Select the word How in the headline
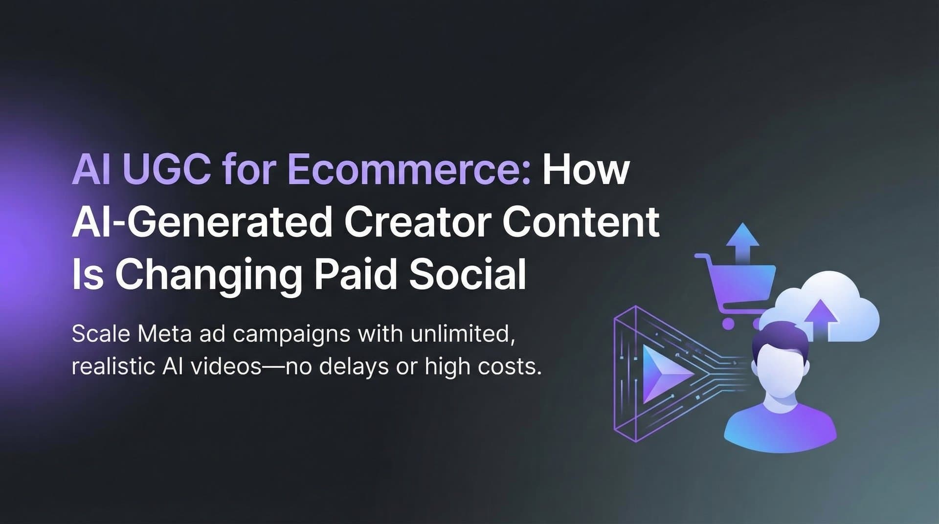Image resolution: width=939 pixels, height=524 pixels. click(585, 170)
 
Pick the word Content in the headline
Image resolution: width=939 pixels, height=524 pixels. click(581, 223)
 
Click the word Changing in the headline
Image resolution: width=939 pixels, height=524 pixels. click(208, 275)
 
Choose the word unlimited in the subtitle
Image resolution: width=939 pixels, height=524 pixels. click(462, 334)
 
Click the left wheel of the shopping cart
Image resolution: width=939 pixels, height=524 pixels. click(728, 323)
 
